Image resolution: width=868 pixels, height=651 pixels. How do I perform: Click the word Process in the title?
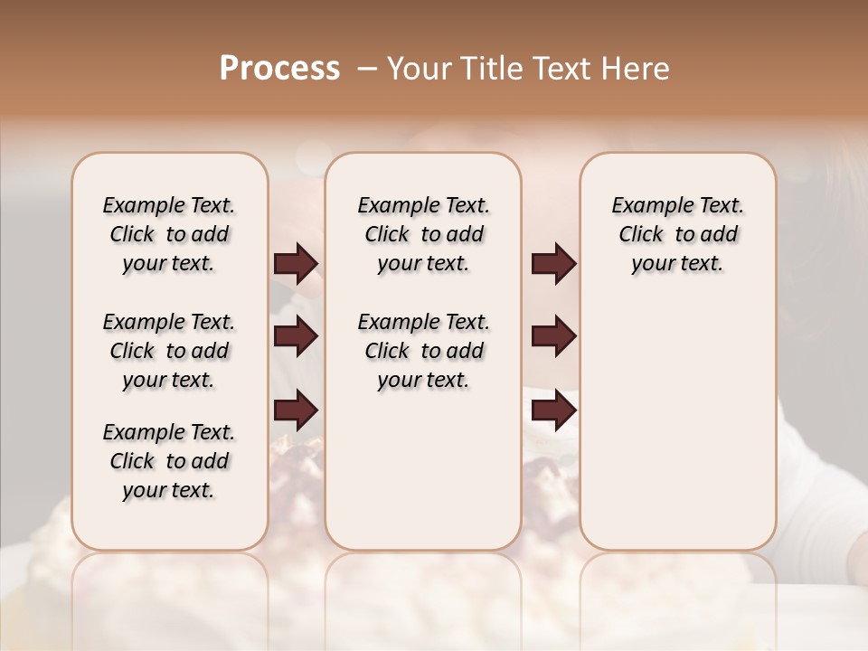pos(279,69)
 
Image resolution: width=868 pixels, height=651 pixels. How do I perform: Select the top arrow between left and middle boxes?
pos(296,264)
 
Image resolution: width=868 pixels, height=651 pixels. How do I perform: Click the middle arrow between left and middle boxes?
pos(296,337)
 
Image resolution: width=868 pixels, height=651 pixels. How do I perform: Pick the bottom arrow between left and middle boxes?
pos(296,410)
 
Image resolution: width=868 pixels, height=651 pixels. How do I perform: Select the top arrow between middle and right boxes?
pos(553,264)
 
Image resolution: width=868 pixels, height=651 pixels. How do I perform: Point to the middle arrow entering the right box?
pos(553,337)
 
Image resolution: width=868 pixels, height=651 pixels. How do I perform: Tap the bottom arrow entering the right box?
pos(553,410)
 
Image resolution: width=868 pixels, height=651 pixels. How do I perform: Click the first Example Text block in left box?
pos(169,234)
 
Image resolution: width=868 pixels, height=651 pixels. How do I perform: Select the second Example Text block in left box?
pos(169,351)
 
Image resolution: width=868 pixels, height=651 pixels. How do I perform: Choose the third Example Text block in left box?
pos(169,461)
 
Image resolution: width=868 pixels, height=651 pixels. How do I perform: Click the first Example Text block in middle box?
pos(424,234)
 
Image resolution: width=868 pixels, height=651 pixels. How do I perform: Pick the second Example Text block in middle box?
pos(424,351)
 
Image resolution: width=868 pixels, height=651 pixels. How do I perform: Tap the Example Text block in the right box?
pos(678,234)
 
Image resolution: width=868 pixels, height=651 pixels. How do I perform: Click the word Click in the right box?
pos(641,235)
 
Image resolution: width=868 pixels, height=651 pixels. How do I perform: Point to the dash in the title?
pos(366,69)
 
